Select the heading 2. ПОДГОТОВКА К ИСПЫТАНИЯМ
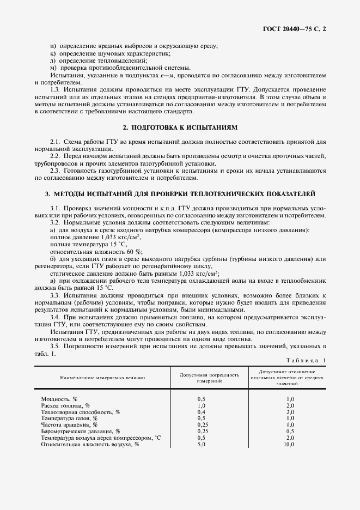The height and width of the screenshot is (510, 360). [x=180, y=127]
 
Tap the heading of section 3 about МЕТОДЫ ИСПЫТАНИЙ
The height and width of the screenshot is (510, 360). [x=180, y=194]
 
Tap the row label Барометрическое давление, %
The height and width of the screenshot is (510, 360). [x=80, y=431]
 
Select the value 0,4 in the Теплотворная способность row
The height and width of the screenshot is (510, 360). [x=201, y=412]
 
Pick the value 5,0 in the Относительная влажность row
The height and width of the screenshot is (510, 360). [x=201, y=444]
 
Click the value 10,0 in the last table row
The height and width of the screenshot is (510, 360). [x=289, y=444]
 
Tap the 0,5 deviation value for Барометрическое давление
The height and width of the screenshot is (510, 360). [x=290, y=431]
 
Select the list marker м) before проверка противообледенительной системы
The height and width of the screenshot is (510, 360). [x=53, y=67]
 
